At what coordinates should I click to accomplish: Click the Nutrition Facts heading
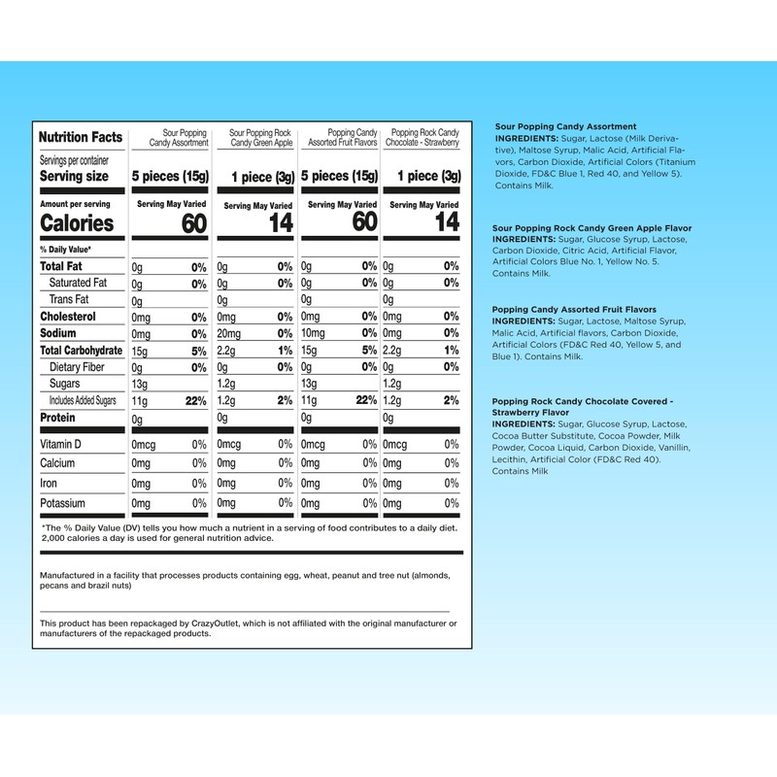[81, 138]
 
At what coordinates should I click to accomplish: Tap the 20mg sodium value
[229, 333]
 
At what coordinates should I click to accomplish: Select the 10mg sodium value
[313, 333]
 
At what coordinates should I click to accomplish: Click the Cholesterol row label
[68, 317]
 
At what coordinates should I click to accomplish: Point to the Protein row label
[57, 417]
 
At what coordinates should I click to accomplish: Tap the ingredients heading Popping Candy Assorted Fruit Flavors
[574, 310]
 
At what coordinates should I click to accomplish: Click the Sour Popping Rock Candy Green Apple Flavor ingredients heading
[592, 227]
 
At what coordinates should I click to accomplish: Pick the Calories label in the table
[77, 223]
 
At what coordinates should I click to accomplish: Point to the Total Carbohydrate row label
[82, 351]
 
